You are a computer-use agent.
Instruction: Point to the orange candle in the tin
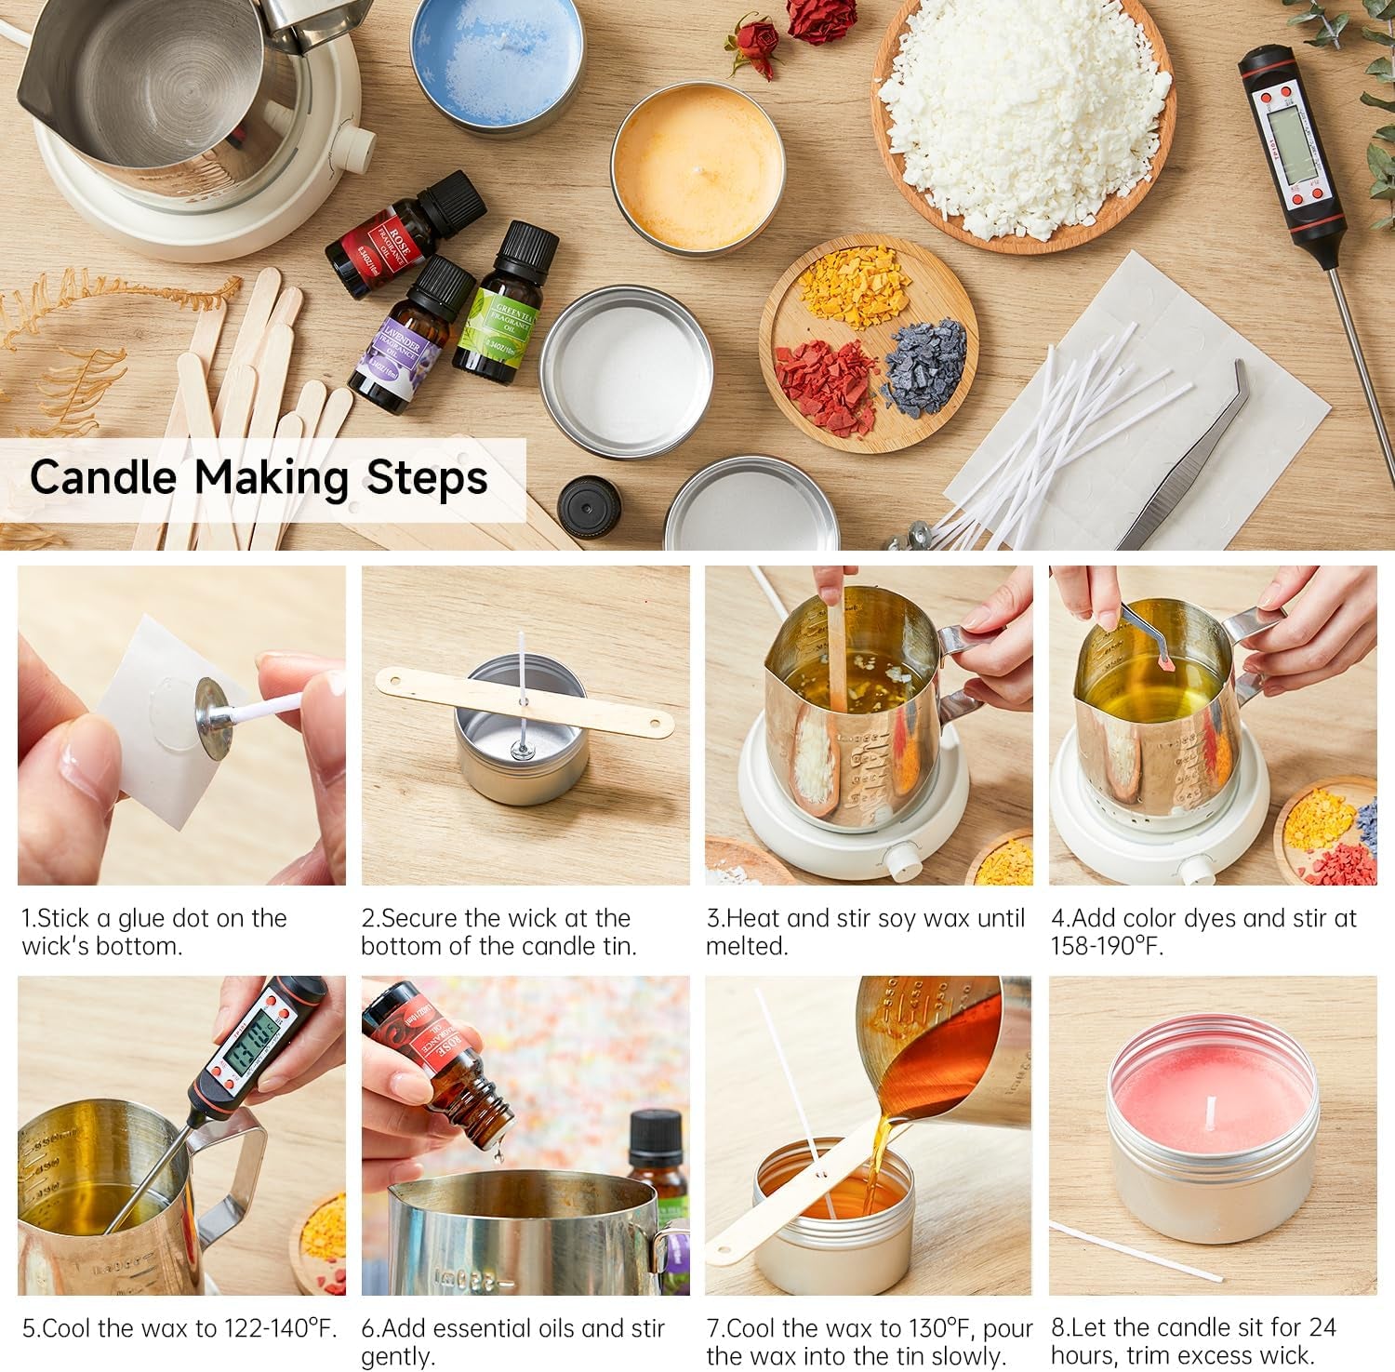tap(697, 165)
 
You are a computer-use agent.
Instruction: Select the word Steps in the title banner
tap(427, 477)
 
